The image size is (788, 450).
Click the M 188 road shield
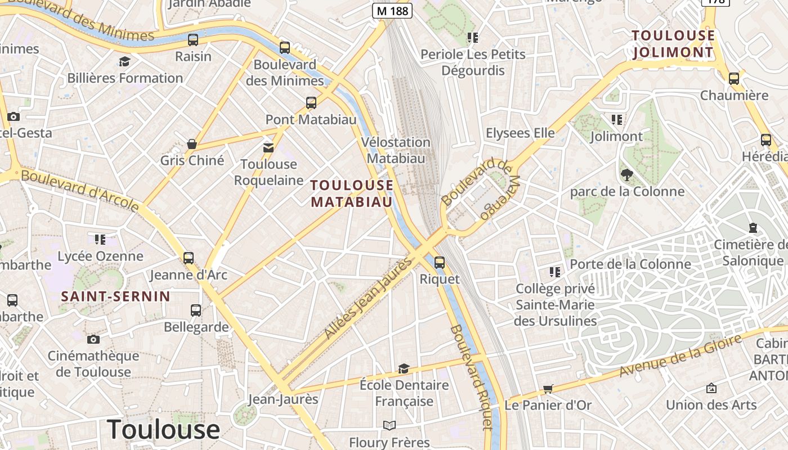[392, 10]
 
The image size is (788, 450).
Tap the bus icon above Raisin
[193, 39]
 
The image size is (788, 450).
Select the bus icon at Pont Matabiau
[311, 102]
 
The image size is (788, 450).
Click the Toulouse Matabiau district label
[352, 193]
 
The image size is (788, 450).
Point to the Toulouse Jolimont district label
[673, 44]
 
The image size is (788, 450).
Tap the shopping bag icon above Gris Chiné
[192, 144]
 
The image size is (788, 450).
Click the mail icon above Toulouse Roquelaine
[268, 147]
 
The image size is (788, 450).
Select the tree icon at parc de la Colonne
[627, 174]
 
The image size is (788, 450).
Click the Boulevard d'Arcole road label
[80, 191]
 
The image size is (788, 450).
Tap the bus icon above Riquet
[440, 262]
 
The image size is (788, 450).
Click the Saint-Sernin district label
[115, 296]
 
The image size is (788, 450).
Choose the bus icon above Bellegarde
[196, 310]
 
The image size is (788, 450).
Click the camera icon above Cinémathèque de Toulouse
[93, 339]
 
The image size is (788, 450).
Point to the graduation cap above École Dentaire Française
[404, 368]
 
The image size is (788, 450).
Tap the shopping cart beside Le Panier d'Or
[548, 389]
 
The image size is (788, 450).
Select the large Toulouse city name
[163, 430]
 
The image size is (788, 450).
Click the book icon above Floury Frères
[389, 425]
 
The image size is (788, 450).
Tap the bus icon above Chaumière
[734, 78]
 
